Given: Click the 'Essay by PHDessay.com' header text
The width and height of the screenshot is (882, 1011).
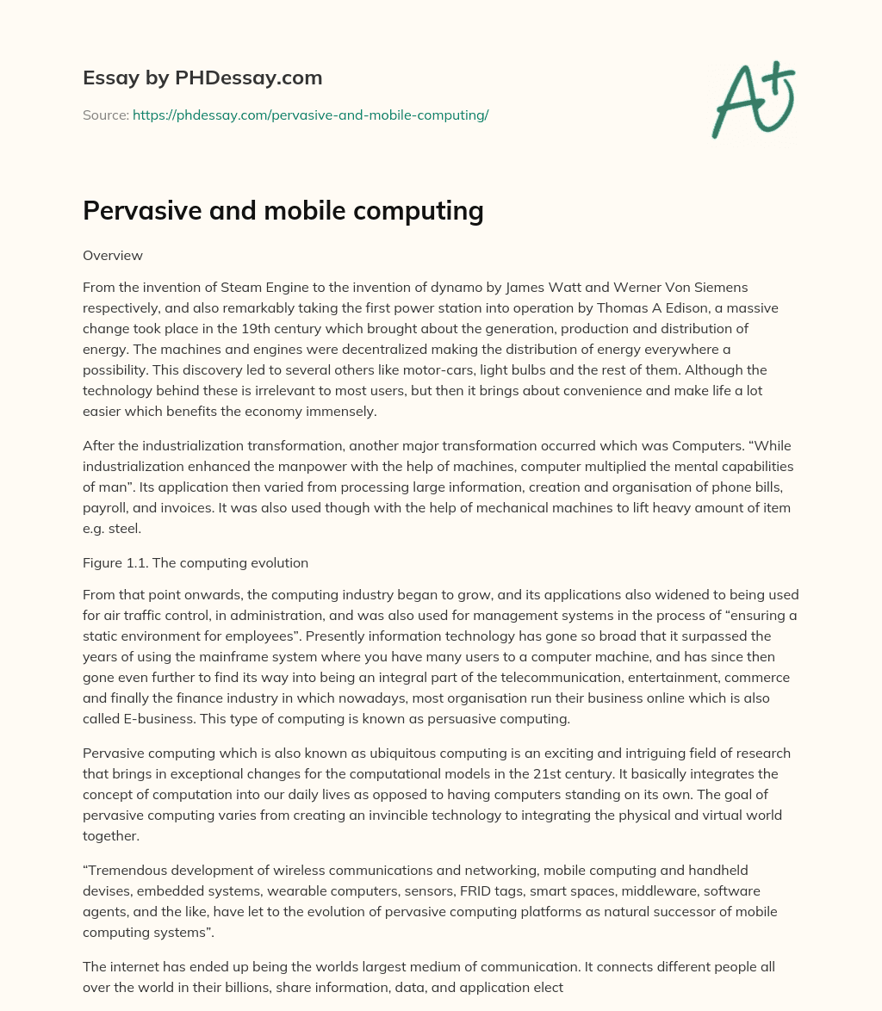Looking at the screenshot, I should pos(202,78).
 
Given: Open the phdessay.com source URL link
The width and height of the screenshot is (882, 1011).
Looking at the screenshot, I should pos(310,115).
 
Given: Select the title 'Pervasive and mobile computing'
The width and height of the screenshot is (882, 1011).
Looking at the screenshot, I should pos(283,211).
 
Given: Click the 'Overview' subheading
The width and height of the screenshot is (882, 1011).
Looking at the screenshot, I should pos(113,256).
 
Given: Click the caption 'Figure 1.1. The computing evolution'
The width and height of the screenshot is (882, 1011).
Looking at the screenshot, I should pos(196,564).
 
